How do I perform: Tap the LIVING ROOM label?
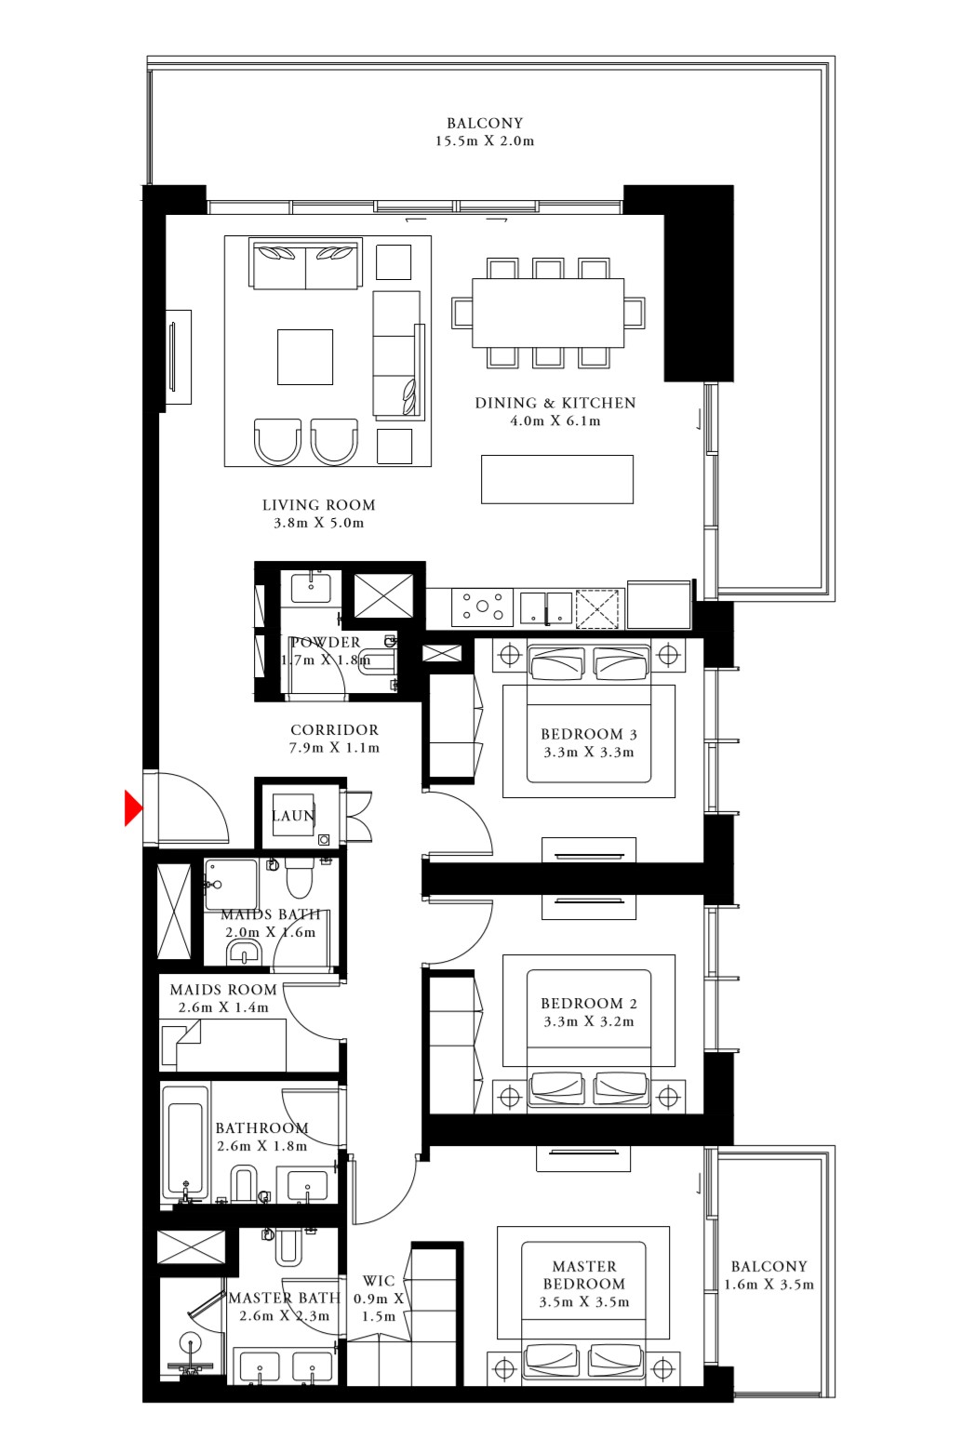(318, 505)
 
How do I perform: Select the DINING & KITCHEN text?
(555, 403)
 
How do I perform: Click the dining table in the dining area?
(548, 313)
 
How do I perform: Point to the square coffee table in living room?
(304, 357)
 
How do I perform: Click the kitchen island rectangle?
(556, 479)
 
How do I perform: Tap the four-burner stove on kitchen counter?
(483, 607)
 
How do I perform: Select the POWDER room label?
(325, 642)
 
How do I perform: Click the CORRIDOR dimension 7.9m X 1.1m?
(334, 748)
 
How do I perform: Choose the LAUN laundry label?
(292, 816)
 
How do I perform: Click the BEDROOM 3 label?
(588, 734)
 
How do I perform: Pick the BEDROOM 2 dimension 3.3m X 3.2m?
(588, 1021)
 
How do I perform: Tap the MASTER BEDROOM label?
(584, 1274)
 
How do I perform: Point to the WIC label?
(379, 1281)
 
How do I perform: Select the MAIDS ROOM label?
(223, 990)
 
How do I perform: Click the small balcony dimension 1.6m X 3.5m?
(769, 1285)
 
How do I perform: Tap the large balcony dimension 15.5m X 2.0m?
(484, 141)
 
